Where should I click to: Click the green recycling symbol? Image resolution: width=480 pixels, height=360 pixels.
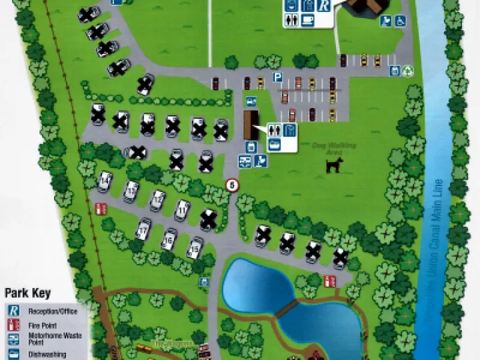[x=408, y=69]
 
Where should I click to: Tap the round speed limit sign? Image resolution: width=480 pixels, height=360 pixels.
[x=232, y=185]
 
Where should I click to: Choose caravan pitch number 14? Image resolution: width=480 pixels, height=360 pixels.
[x=105, y=180]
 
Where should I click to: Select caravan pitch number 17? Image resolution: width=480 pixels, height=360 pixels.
[x=143, y=231]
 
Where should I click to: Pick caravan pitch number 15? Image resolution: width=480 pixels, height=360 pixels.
[x=195, y=248]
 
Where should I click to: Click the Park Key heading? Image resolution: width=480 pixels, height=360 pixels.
[x=28, y=293]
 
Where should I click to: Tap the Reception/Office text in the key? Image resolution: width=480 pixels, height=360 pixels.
[x=53, y=311]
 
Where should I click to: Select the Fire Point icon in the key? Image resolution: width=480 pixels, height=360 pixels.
[x=13, y=325]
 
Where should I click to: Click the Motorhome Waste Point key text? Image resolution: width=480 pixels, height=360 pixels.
[x=54, y=339]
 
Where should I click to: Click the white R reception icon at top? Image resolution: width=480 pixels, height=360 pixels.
[x=323, y=6]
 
